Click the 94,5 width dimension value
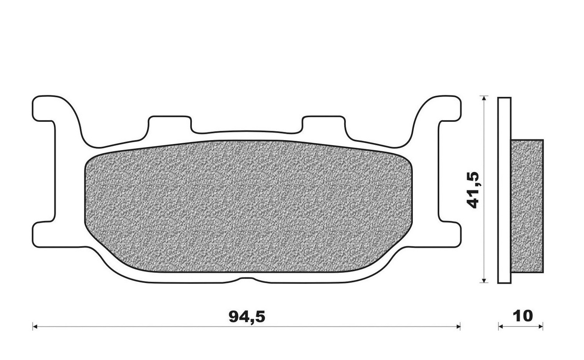[247, 317]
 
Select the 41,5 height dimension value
[474, 190]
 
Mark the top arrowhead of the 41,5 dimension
[484, 98]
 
